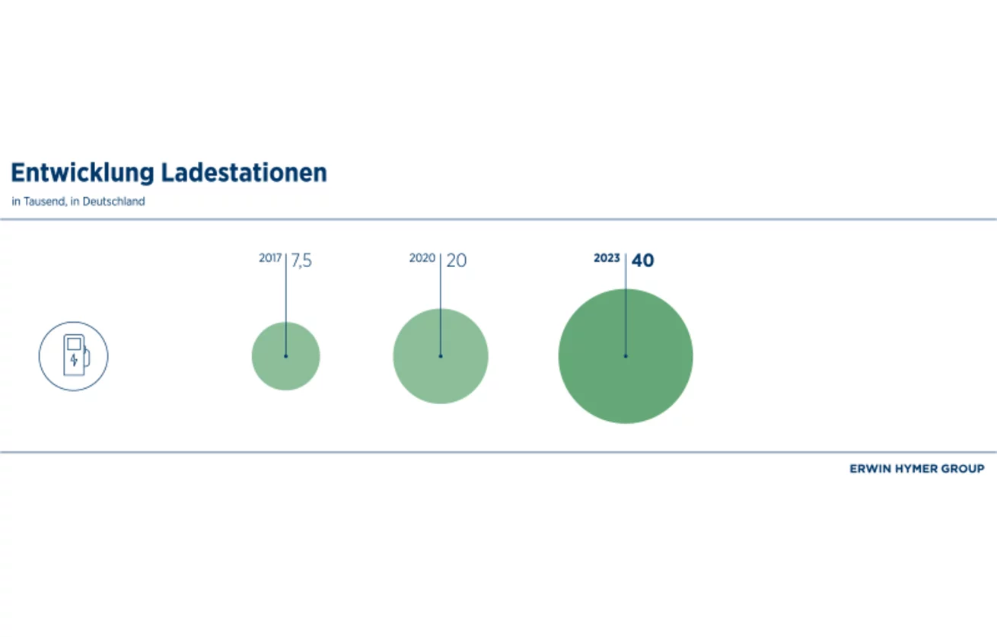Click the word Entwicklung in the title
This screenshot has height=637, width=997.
click(82, 174)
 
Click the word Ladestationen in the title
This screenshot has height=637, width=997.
click(244, 173)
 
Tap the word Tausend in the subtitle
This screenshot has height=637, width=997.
click(45, 202)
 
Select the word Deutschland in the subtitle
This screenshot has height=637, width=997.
click(114, 202)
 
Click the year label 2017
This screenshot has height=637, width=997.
click(270, 258)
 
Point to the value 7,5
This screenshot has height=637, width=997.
click(301, 261)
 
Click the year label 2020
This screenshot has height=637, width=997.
click(422, 258)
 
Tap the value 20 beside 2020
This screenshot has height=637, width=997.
click(456, 260)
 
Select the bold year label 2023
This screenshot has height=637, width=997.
click(607, 258)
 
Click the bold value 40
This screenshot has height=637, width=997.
click(642, 260)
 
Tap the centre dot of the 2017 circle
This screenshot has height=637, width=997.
click(285, 356)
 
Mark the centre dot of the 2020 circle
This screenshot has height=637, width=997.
click(441, 356)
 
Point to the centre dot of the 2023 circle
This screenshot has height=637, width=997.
click(626, 356)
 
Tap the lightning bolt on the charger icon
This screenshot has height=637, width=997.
click(74, 360)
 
